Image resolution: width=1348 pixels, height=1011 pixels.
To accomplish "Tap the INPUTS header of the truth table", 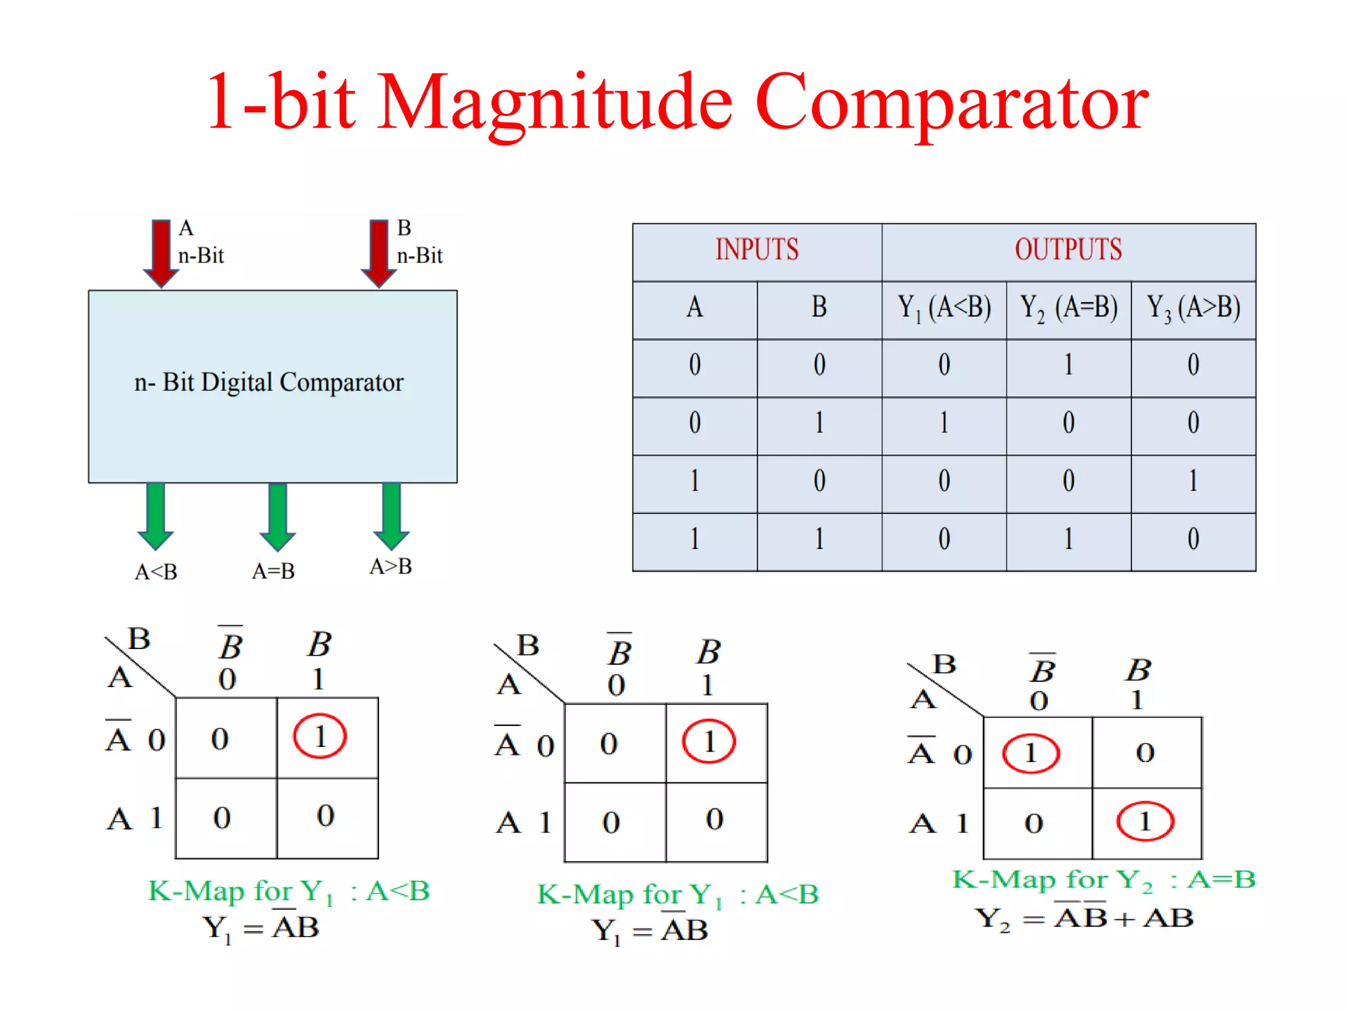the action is click(x=757, y=250).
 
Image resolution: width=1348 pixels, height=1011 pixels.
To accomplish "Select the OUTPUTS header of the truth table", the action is click(x=1068, y=250).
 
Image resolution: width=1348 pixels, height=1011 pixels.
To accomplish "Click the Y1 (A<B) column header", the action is click(x=944, y=308).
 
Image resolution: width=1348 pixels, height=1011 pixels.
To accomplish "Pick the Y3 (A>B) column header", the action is click(x=1193, y=308).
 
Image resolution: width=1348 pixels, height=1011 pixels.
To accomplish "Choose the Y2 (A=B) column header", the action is click(x=1068, y=308).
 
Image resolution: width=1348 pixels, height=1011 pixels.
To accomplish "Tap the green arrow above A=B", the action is click(x=278, y=517).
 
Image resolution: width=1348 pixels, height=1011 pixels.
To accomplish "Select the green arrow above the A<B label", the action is click(x=156, y=517).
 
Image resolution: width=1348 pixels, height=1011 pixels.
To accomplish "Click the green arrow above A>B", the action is click(x=392, y=517).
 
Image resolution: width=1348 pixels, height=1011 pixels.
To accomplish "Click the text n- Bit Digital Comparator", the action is click(x=269, y=382).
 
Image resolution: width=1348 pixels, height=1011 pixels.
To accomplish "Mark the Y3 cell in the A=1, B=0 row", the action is click(x=1193, y=481).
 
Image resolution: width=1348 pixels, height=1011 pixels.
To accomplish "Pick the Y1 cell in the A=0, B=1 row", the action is click(x=944, y=423).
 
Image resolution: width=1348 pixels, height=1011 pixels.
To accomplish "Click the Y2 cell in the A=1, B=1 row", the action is click(x=1068, y=539).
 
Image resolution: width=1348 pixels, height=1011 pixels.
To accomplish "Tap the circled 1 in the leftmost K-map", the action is click(x=320, y=737).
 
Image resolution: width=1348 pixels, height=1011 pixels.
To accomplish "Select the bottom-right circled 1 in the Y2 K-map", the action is click(x=1145, y=821).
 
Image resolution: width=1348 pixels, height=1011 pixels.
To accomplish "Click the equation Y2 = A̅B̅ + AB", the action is click(x=1084, y=918).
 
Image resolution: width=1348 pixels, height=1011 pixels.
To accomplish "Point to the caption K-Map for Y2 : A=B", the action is click(x=1104, y=880).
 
